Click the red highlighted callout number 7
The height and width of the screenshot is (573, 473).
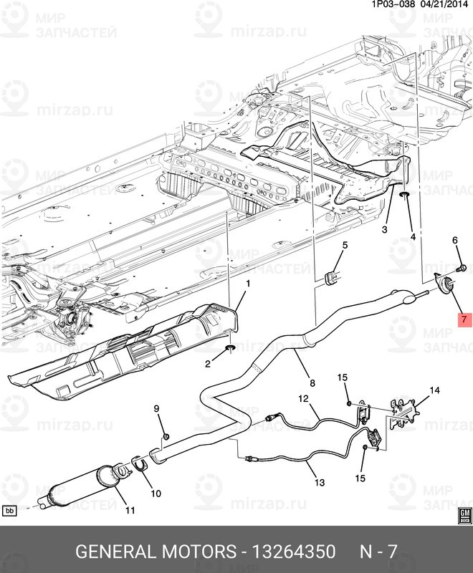[463, 319]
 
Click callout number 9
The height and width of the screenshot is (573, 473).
[156, 409]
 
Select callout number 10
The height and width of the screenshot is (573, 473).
[156, 493]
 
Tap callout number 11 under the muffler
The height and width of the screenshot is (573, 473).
[130, 511]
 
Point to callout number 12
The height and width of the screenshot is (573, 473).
[304, 398]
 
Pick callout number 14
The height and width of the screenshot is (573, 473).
[434, 390]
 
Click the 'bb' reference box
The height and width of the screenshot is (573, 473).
[10, 511]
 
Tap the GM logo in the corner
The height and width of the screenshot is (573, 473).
[464, 515]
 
